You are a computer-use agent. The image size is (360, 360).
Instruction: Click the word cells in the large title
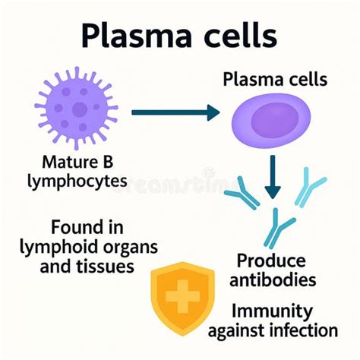click(235, 36)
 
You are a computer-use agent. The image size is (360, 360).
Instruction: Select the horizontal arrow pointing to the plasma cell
click(175, 113)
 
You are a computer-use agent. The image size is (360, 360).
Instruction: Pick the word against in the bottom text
click(241, 330)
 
